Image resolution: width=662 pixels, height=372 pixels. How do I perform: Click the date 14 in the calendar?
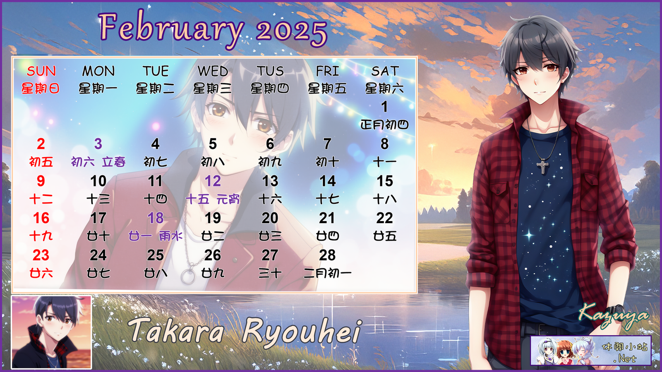pos(327,181)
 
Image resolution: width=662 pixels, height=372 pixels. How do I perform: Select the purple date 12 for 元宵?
pos(213,181)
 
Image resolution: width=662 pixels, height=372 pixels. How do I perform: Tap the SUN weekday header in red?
pos(41,71)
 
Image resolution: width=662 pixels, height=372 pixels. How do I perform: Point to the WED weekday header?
pos(213,71)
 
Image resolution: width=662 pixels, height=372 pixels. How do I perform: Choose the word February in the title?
pos(171,29)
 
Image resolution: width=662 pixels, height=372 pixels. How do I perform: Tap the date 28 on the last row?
pos(327,255)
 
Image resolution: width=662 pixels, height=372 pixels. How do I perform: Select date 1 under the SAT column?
pos(384,107)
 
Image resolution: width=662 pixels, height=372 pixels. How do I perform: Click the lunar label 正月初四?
pos(384,125)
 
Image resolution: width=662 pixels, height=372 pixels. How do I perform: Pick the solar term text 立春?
pos(114,162)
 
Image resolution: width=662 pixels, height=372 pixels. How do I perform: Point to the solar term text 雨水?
pos(170,236)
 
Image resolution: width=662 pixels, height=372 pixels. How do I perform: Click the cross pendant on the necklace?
pos(542,166)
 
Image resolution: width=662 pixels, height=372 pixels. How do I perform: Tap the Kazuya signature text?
pos(613,316)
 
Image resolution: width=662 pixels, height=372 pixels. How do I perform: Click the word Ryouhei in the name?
pos(302,332)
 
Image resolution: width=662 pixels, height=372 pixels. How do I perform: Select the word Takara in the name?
pos(175,331)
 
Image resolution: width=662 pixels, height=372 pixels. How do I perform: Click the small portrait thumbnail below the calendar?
pos(51,332)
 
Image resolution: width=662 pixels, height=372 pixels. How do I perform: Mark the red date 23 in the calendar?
pos(41,255)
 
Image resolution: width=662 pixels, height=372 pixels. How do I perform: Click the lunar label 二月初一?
pos(327,273)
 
